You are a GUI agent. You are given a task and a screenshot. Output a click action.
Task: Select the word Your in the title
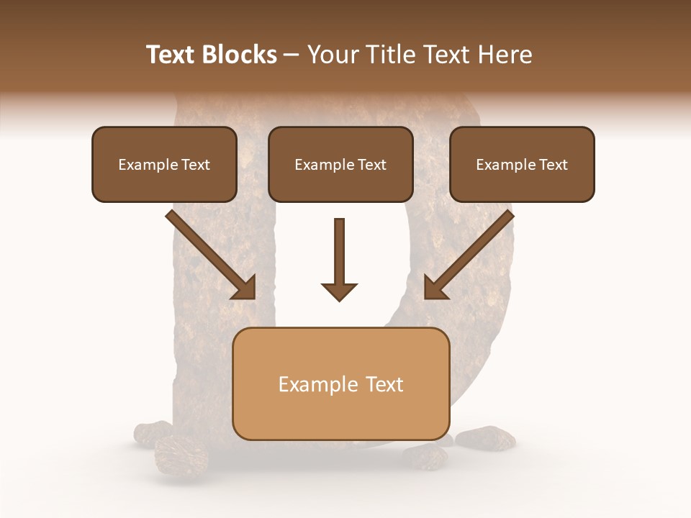click(x=328, y=55)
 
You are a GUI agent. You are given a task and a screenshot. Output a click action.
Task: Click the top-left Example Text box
click(x=164, y=164)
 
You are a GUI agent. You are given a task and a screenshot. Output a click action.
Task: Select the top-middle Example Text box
click(x=340, y=164)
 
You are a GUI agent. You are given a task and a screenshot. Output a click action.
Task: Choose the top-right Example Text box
click(x=522, y=164)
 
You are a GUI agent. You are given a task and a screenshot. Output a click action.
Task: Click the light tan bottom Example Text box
click(x=341, y=383)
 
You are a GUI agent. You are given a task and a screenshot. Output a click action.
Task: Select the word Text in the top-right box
click(x=554, y=164)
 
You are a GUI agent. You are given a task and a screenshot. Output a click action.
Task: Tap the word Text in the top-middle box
click(x=372, y=164)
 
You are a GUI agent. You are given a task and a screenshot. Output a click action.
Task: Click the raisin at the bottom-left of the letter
click(x=181, y=453)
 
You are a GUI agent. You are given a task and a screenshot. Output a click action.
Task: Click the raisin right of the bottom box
click(x=485, y=437)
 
